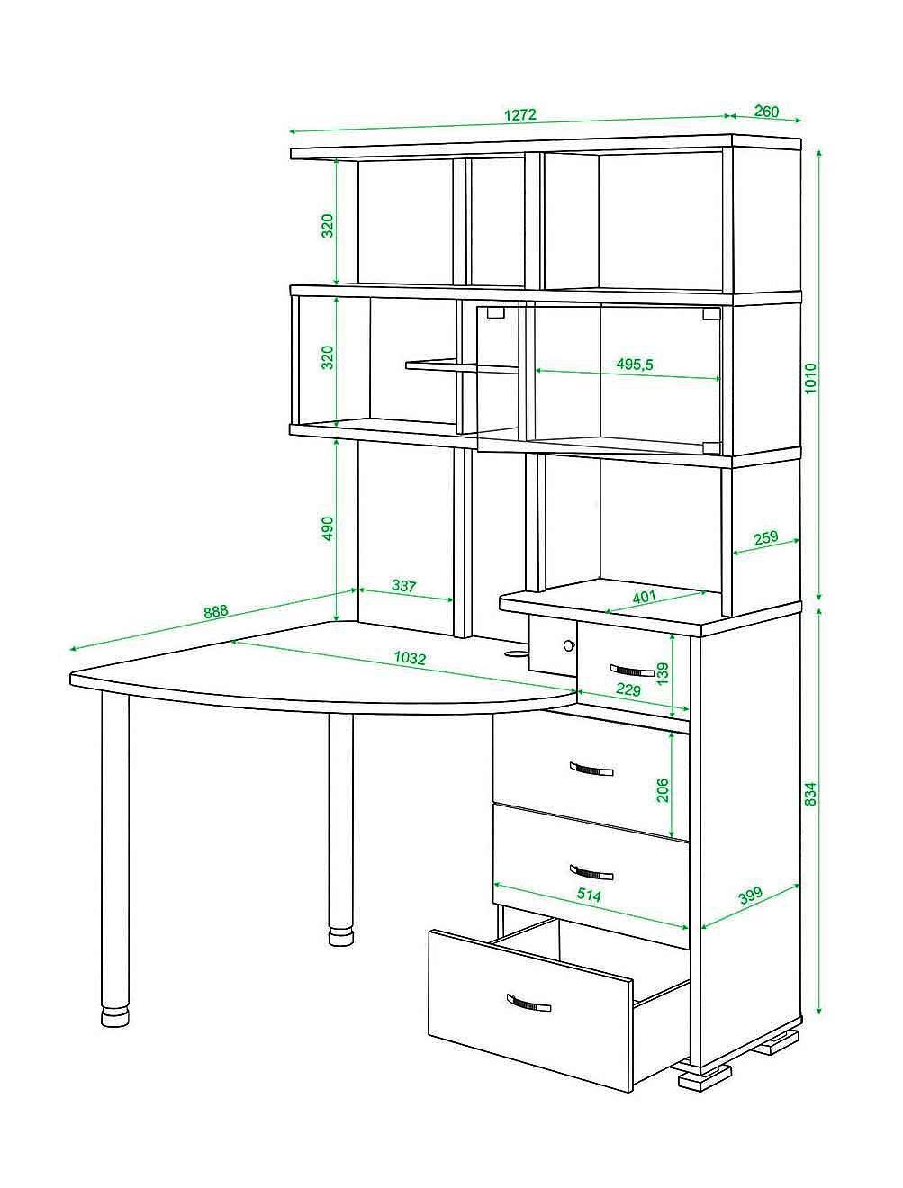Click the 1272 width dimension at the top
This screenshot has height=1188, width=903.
(519, 115)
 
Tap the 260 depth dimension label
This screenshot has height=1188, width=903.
(766, 112)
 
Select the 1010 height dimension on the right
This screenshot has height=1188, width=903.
(810, 378)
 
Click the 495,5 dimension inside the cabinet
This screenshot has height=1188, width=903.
(635, 364)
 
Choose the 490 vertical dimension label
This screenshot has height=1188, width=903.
(328, 528)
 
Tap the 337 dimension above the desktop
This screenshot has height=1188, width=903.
(404, 586)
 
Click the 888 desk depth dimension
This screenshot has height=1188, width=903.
(216, 612)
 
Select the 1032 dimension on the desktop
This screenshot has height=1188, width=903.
(410, 658)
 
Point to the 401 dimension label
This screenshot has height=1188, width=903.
(644, 597)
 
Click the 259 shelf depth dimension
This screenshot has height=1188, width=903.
(765, 537)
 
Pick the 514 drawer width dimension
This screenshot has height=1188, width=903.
(589, 895)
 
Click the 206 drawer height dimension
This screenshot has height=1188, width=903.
(662, 790)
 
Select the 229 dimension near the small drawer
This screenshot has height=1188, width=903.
(628, 690)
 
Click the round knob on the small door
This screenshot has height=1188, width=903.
(568, 645)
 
